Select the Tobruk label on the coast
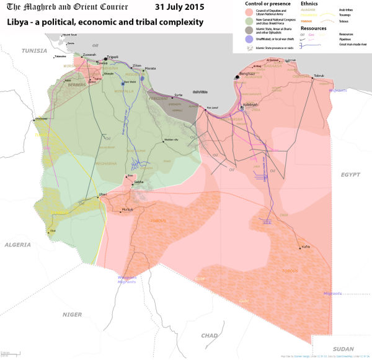(x=319, y=76)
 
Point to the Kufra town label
(x=305, y=247)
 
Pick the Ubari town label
(x=103, y=194)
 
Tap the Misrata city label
(x=150, y=68)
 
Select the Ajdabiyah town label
(x=250, y=104)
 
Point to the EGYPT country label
(x=350, y=175)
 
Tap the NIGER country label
(x=72, y=315)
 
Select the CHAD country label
(x=210, y=335)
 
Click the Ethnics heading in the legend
(x=309, y=4)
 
